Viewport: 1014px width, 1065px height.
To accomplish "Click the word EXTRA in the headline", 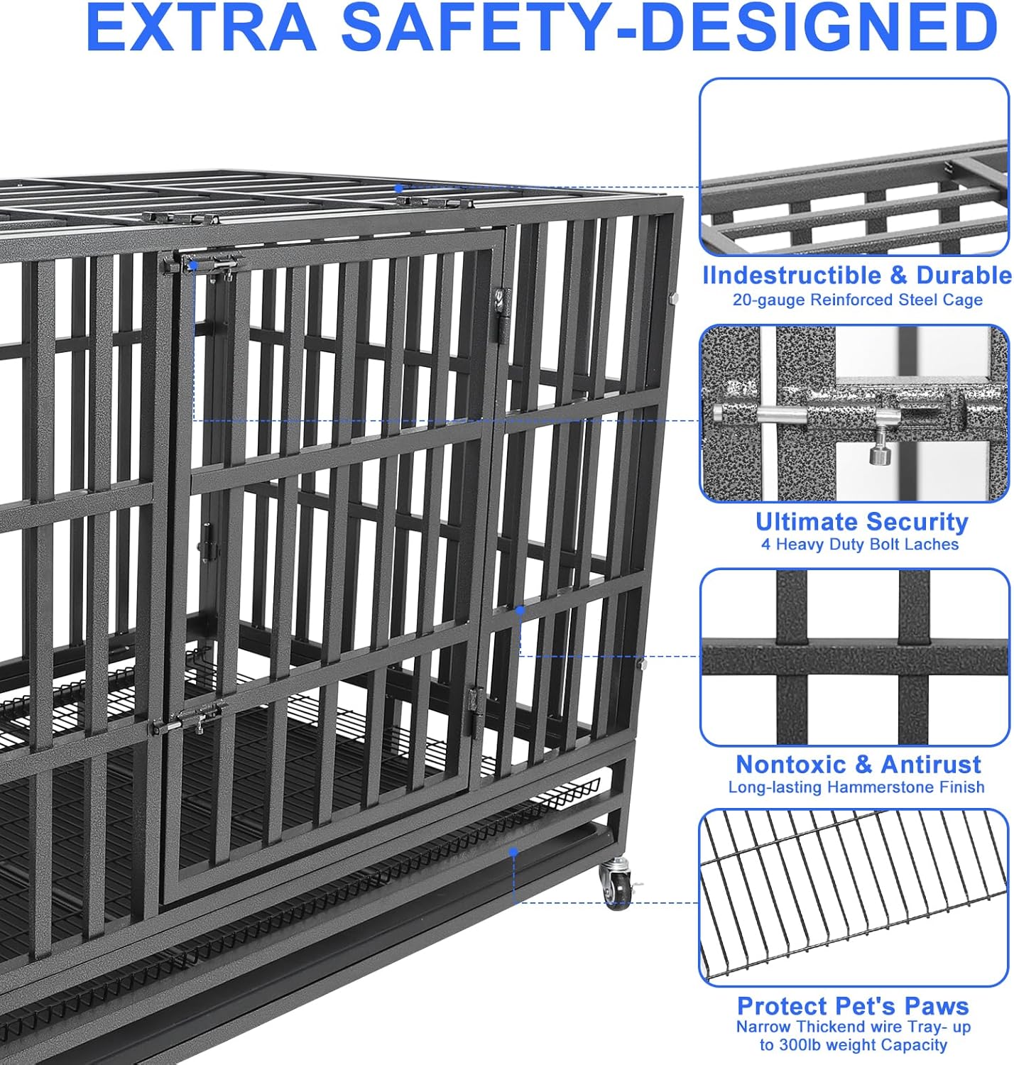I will [200, 28].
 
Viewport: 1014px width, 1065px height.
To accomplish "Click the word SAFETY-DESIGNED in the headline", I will [669, 28].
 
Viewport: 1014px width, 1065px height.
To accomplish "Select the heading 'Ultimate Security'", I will [861, 522].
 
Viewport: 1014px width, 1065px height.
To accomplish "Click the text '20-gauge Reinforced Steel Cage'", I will [857, 300].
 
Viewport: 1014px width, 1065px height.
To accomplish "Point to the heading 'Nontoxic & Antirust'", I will [858, 765].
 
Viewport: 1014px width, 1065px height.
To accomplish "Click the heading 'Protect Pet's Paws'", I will [853, 1006].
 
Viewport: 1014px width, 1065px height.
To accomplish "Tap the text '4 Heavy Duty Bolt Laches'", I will [859, 545].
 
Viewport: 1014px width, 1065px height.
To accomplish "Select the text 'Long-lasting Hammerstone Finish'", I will [856, 787].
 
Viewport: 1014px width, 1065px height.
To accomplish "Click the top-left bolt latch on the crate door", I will [213, 264].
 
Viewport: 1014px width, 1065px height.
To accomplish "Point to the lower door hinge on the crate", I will [474, 701].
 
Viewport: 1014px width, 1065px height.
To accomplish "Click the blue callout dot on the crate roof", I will [399, 189].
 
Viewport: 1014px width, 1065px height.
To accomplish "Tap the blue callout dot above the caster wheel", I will [513, 851].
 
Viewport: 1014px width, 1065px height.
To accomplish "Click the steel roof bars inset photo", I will [854, 167].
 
